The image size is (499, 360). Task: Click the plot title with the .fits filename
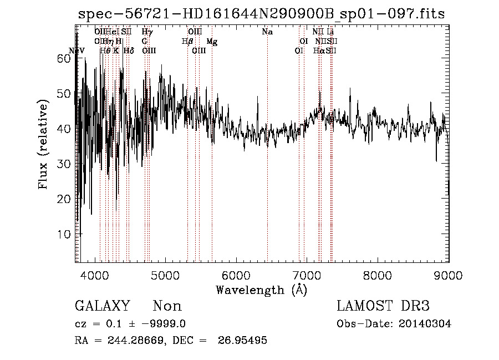pyautogui.click(x=262, y=14)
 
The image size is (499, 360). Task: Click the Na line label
pyautogui.click(x=267, y=32)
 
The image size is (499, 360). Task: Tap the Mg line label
pyautogui.click(x=212, y=42)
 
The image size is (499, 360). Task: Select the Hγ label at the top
pyautogui.click(x=147, y=32)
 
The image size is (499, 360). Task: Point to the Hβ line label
pyautogui.click(x=187, y=42)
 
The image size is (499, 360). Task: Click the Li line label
pyautogui.click(x=330, y=32)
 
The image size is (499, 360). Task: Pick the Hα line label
pyautogui.click(x=318, y=51)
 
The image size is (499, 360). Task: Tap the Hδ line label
pyautogui.click(x=129, y=51)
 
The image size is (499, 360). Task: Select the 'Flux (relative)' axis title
pyautogui.click(x=44, y=145)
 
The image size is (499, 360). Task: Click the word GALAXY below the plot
pyautogui.click(x=102, y=306)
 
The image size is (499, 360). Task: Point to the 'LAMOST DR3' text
pyautogui.click(x=383, y=306)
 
